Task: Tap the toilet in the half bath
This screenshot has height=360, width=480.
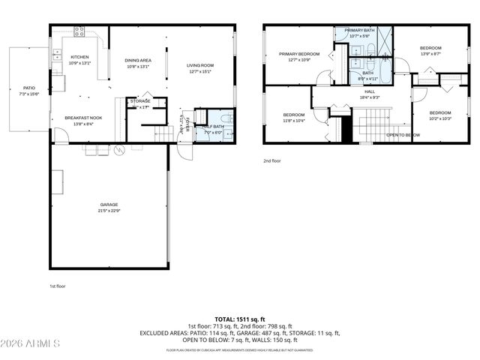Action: coord(226,118)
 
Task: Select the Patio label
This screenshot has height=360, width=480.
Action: coord(30,88)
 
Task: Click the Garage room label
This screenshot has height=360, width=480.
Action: coord(109,204)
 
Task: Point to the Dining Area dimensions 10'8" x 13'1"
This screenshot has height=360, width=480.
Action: coord(137,66)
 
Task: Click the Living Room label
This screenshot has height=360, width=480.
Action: coord(200,65)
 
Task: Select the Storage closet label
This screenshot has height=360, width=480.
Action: coord(140,100)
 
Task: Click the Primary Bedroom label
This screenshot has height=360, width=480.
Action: coord(299,54)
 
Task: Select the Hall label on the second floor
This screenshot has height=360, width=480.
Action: coord(370,91)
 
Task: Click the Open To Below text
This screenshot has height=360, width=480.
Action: coord(403,135)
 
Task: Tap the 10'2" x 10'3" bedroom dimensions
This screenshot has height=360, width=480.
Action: coord(439,118)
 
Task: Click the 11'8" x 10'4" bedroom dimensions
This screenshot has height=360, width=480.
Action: coord(293,120)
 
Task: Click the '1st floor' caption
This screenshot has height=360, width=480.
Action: coord(58,286)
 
